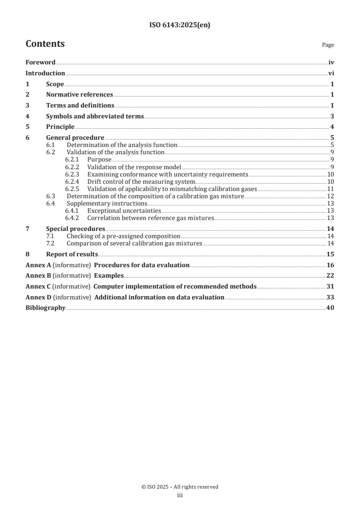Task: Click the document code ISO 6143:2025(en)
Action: point(180,25)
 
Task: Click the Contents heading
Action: point(45,44)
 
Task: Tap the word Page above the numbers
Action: point(328,45)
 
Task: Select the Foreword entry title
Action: point(40,62)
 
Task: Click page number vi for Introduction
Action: point(331,73)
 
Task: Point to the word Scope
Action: point(55,84)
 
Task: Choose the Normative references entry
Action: point(79,94)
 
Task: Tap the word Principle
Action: point(60,127)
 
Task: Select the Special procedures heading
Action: point(75,228)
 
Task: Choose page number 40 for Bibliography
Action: point(331,308)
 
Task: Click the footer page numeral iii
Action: point(180,495)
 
